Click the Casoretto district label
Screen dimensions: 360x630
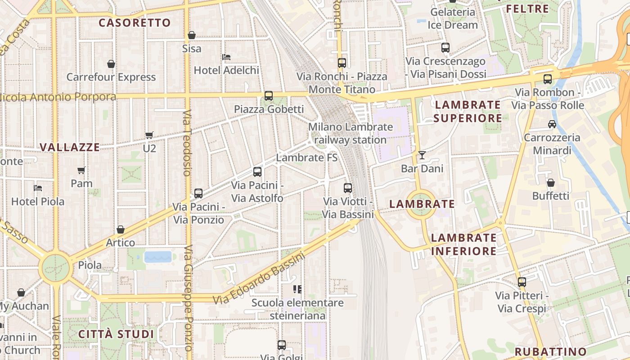pyautogui.click(x=135, y=22)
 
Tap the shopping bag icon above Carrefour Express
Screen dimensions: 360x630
pyautogui.click(x=111, y=64)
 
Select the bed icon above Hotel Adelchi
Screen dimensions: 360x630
pyautogui.click(x=226, y=57)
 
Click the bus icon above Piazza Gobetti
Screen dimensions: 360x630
pyautogui.click(x=269, y=95)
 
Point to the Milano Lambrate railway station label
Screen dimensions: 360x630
pyautogui.click(x=350, y=133)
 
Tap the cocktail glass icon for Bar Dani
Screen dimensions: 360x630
pyautogui.click(x=422, y=155)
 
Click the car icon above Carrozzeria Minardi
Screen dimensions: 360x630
pyautogui.click(x=552, y=124)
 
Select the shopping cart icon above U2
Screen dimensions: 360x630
pyautogui.click(x=149, y=135)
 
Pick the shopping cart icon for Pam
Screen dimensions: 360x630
pyautogui.click(x=81, y=170)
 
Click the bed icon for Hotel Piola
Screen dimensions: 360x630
pyautogui.click(x=38, y=188)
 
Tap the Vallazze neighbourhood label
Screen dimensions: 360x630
pyautogui.click(x=70, y=147)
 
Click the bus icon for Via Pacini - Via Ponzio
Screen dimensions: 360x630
pyautogui.click(x=198, y=193)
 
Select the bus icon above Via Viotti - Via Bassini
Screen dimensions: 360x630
pyautogui.click(x=348, y=188)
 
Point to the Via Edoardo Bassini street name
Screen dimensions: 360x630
pyautogui.click(x=259, y=278)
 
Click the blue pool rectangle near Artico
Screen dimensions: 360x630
pyautogui.click(x=158, y=257)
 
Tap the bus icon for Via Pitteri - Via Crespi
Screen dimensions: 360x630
pyautogui.click(x=522, y=282)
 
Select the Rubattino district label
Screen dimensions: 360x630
pyautogui.click(x=551, y=351)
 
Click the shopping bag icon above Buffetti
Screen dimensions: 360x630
pyautogui.click(x=550, y=183)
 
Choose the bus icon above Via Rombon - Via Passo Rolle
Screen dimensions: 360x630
pyautogui.click(x=548, y=79)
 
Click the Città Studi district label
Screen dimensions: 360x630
pyautogui.click(x=116, y=334)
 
